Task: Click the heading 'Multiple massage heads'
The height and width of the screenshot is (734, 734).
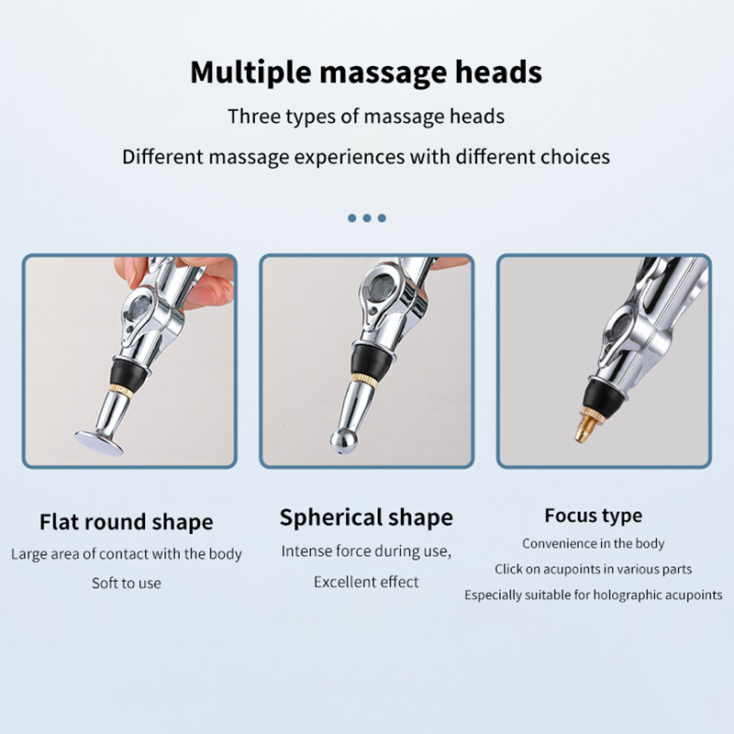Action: [x=366, y=72]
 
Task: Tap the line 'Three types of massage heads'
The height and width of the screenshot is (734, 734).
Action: [x=366, y=117]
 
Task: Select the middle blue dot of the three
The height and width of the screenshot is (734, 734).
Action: [x=367, y=218]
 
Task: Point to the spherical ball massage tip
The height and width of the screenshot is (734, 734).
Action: [x=344, y=441]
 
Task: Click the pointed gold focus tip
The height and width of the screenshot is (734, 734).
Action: [x=584, y=426]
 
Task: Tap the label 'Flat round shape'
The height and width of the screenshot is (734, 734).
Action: [x=127, y=522]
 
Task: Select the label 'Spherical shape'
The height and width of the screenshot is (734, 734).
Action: [x=366, y=517]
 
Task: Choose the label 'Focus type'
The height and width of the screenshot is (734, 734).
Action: [x=593, y=516]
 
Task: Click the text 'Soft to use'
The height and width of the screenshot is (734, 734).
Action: [x=127, y=584]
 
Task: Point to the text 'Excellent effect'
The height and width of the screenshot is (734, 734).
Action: [x=366, y=582]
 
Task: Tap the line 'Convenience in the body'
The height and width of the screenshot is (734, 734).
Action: [x=593, y=543]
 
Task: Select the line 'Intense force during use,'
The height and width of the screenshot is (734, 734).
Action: [x=366, y=551]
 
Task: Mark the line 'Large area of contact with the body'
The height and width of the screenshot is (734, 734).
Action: [x=127, y=554]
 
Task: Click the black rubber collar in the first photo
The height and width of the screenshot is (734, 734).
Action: [x=128, y=373]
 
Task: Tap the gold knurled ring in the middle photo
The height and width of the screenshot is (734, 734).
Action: [x=364, y=380]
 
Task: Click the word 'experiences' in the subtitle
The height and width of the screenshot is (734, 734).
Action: [x=350, y=157]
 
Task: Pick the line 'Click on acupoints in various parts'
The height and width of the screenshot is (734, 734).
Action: [x=593, y=569]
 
